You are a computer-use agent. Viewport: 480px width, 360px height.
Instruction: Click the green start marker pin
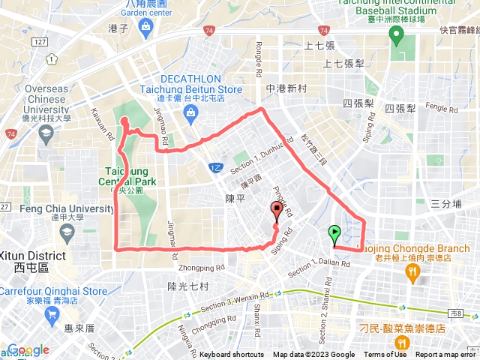pyautogui.click(x=334, y=234)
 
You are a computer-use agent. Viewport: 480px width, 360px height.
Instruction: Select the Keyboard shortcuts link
pyautogui.click(x=232, y=355)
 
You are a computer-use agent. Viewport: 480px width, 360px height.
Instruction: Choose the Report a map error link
pyautogui.click(x=447, y=355)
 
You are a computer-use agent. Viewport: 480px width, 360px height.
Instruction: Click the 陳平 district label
pyautogui.click(x=235, y=198)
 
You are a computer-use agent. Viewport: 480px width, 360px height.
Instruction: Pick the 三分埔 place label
pyautogui.click(x=445, y=203)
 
